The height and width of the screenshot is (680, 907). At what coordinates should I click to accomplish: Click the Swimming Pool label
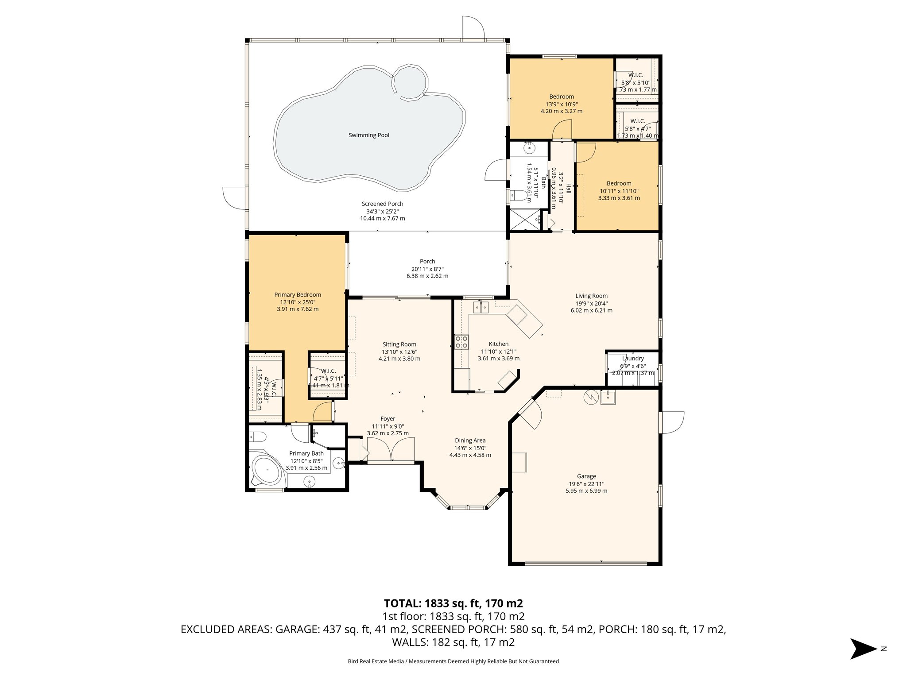[368, 135]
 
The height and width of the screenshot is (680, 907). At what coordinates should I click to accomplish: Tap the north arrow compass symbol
[863, 649]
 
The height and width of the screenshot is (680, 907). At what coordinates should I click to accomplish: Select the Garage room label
[586, 476]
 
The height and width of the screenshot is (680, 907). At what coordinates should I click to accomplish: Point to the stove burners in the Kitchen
[461, 342]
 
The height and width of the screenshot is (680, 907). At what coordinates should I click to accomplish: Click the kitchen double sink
[481, 306]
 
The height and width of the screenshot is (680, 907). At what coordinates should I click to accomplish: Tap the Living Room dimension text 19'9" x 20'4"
[591, 304]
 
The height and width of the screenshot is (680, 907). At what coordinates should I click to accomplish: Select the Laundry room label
[632, 359]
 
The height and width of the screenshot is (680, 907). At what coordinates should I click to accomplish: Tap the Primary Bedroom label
[297, 295]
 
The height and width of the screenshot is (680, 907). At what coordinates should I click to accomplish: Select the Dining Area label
[470, 440]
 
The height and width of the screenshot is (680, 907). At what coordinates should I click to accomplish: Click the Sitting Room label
[399, 344]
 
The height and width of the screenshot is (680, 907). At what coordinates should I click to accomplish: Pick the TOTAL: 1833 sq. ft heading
[453, 603]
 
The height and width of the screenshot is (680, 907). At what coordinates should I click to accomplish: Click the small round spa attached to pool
[411, 82]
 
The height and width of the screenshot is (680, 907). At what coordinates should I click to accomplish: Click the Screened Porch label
[382, 204]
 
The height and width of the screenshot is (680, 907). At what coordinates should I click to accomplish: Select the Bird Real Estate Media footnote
[453, 661]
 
